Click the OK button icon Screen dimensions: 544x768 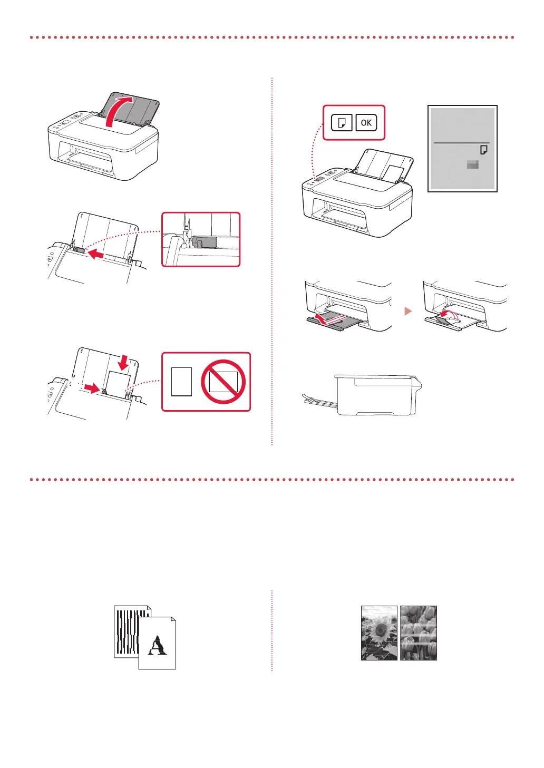coord(366,123)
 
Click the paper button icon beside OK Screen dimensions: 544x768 coord(342,123)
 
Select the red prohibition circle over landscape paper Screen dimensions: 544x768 coord(224,382)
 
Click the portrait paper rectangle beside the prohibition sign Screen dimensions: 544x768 coord(181,382)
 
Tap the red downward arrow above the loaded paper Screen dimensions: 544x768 coord(123,362)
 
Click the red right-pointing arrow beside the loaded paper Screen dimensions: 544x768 coord(92,388)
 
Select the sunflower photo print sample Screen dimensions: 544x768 coord(379,633)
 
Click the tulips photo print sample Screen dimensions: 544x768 coord(419,633)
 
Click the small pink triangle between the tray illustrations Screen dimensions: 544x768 coord(407,312)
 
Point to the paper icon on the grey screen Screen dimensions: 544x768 coord(483,150)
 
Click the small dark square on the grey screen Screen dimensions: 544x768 coord(473,165)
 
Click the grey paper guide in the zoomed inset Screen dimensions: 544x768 coord(205,242)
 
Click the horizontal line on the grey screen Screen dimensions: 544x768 coord(461,143)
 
